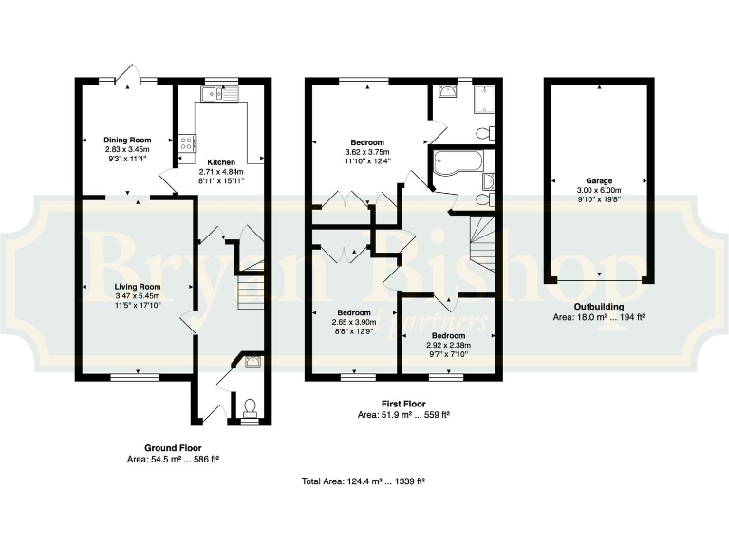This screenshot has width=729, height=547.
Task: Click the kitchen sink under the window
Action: pyautogui.click(x=212, y=93)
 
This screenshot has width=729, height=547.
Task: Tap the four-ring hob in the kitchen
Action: pyautogui.click(x=187, y=143)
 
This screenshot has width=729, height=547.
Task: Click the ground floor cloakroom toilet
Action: pyautogui.click(x=251, y=408)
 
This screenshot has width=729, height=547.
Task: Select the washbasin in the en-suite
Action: pyautogui.click(x=448, y=92)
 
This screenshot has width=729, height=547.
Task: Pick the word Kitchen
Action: pyautogui.click(x=221, y=162)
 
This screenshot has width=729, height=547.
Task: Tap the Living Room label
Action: pyautogui.click(x=139, y=286)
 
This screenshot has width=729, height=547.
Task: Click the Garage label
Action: pyautogui.click(x=598, y=180)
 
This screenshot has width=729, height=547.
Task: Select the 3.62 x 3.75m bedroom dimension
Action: pyautogui.click(x=367, y=152)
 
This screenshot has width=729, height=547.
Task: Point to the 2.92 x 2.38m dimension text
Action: pyautogui.click(x=448, y=347)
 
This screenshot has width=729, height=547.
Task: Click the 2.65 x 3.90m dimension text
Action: pyautogui.click(x=354, y=323)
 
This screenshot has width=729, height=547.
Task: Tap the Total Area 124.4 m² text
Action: pyautogui.click(x=363, y=482)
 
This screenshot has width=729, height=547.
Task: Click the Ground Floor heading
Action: pyautogui.click(x=173, y=447)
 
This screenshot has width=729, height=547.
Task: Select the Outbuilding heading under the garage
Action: pyautogui.click(x=598, y=306)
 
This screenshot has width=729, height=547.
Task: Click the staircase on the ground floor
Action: pyautogui.click(x=250, y=289)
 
